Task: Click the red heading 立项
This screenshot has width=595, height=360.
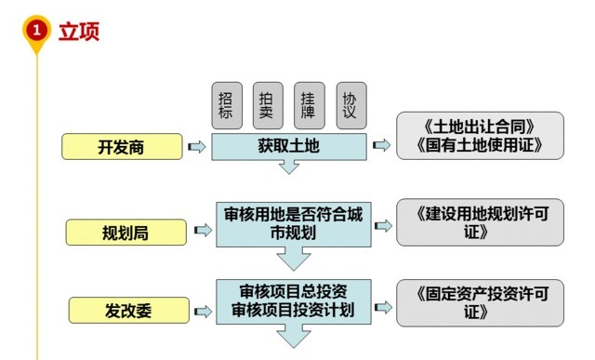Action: click(x=79, y=31)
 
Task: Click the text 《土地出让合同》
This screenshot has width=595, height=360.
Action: click(x=480, y=126)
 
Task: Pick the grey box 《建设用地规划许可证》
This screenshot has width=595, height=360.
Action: click(x=480, y=223)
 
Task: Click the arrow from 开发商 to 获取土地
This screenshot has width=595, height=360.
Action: click(x=196, y=147)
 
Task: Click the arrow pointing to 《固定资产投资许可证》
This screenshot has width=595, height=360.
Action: click(x=381, y=301)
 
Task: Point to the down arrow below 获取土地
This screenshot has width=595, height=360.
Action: click(x=289, y=167)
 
